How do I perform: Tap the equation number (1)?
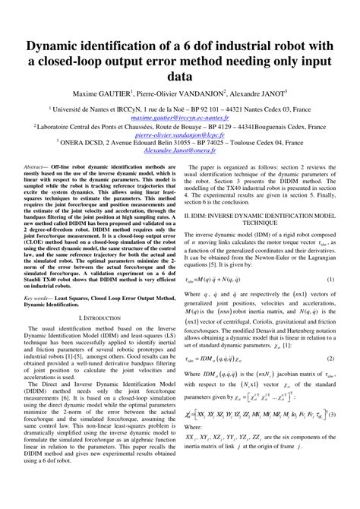click(331, 280)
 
